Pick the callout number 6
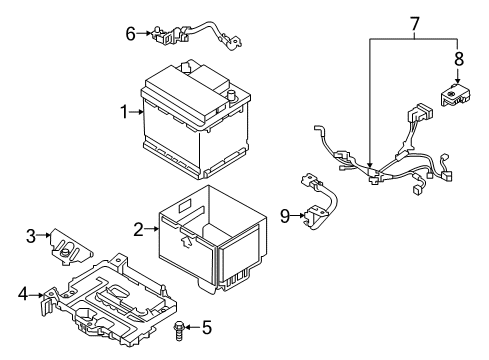pyautogui.click(x=130, y=33)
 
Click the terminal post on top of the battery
pyautogui.click(x=231, y=97)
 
